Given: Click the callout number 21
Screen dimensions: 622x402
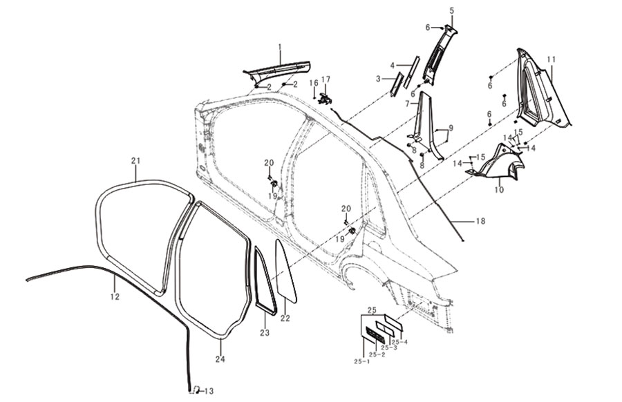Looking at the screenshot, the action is pos(136,161).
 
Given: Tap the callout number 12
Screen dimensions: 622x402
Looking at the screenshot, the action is pos(115,296).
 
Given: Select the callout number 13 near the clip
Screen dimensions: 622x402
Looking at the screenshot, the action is pos(209,392).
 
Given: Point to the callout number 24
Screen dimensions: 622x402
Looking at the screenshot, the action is pos(220,358).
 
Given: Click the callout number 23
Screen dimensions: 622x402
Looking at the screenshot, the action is pos(265,333).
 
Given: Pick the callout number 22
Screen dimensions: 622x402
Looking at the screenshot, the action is pos(285,318).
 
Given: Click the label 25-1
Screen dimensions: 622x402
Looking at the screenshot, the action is pos(361,361).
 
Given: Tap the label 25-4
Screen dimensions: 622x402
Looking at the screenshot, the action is pos(399,342).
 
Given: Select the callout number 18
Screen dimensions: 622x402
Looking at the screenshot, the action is pos(480,221).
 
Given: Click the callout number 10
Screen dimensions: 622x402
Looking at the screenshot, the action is pos(499,190).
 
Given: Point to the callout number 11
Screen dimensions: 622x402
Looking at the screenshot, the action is pos(552,59).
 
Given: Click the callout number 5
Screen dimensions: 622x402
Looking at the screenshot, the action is pos(452,10).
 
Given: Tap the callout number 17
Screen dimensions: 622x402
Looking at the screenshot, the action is pos(326,79).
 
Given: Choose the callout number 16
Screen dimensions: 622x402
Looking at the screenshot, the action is pos(314,83).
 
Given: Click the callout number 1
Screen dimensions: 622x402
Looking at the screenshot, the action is pos(280,47).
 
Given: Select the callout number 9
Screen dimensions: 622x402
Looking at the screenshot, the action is pos(451,128).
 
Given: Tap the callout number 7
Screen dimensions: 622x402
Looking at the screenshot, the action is pos(407,104).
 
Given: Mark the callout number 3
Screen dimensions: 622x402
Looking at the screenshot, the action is pos(378,79).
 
